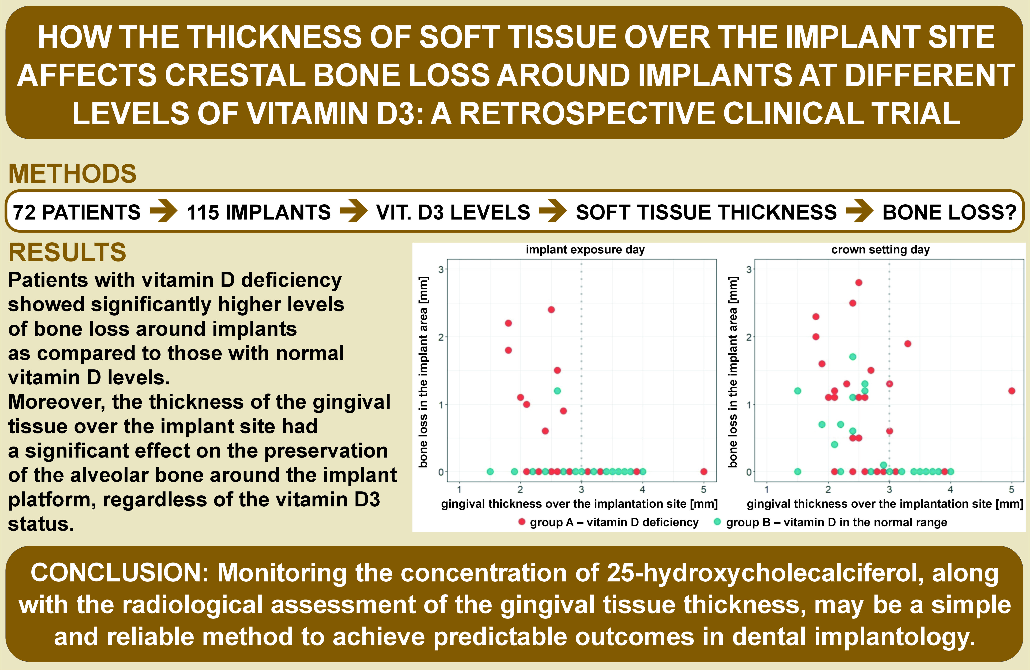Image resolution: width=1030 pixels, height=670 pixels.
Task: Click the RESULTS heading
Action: coord(67,253)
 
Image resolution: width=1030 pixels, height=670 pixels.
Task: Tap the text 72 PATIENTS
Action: coord(77,212)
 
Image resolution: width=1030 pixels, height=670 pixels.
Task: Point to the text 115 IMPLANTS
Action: coord(258,212)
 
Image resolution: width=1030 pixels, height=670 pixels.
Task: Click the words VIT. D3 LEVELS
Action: coord(453,212)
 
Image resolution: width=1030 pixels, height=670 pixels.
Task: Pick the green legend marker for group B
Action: coord(717,522)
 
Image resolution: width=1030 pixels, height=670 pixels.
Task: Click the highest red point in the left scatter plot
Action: coord(551,310)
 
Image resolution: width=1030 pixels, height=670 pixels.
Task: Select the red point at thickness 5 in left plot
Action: coord(704,472)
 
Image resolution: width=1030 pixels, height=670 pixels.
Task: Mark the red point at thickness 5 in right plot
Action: coord(1011,391)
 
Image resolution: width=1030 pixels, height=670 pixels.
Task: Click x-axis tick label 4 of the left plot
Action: coord(642,489)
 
